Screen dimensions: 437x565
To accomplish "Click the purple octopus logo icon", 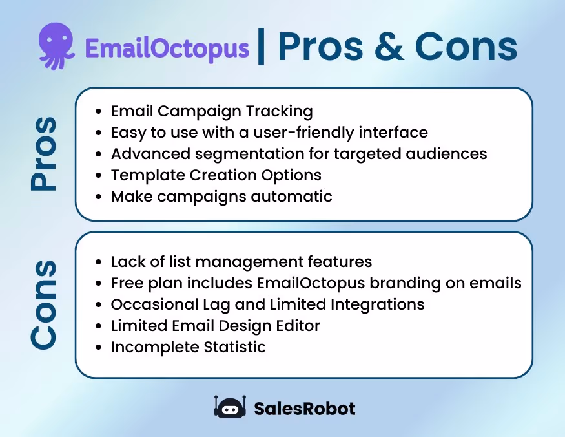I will (x=57, y=46).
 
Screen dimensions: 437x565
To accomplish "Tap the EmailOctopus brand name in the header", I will (x=167, y=48).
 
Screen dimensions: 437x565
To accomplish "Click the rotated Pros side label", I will (x=44, y=154).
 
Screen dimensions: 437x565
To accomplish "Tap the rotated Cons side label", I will (x=44, y=304).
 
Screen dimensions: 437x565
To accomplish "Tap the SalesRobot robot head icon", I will (x=230, y=408).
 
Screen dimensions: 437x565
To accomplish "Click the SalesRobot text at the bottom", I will (x=304, y=409).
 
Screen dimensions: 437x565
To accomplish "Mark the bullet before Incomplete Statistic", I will (x=98, y=347).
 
